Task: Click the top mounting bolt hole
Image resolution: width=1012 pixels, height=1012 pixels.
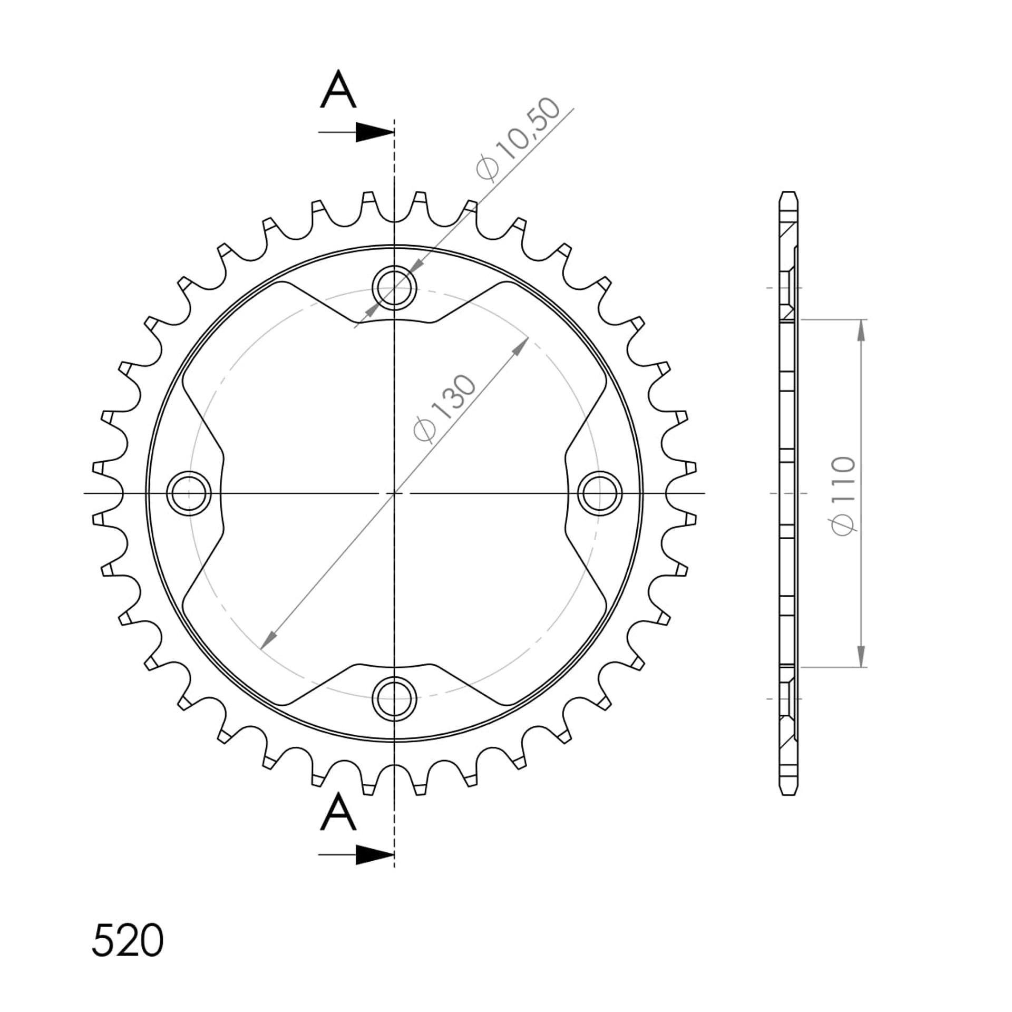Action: click(394, 288)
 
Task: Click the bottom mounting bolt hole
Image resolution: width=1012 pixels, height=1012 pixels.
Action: click(394, 699)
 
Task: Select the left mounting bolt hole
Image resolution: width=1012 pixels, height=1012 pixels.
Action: click(189, 493)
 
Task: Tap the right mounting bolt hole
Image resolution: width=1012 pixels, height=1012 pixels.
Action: click(600, 493)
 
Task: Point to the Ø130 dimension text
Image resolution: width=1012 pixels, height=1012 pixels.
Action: click(445, 408)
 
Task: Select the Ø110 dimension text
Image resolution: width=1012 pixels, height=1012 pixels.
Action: click(843, 496)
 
